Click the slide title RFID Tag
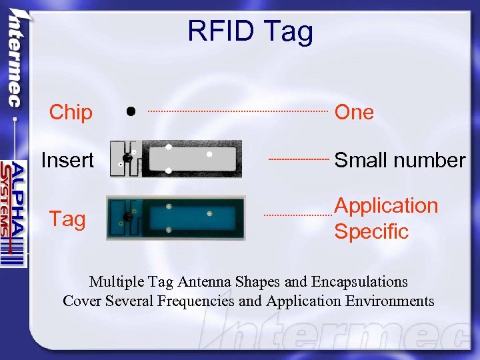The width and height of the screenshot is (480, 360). [249, 31]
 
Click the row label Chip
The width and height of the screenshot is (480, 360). [71, 113]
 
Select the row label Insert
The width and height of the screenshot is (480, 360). [67, 160]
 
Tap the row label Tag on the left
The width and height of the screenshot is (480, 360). [67, 219]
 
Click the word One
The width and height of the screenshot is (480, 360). [354, 113]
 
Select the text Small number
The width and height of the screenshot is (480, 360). [399, 160]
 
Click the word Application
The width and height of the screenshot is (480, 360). [386, 206]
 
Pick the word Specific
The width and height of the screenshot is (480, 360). [371, 231]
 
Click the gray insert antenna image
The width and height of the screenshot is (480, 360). [176, 158]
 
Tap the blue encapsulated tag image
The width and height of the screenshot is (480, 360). [176, 217]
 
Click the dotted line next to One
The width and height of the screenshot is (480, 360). [237, 111]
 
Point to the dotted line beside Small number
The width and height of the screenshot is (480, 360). [299, 159]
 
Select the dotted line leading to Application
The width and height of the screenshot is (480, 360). [297, 215]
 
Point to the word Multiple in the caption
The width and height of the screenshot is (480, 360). [114, 282]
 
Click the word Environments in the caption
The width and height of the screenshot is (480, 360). [390, 301]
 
